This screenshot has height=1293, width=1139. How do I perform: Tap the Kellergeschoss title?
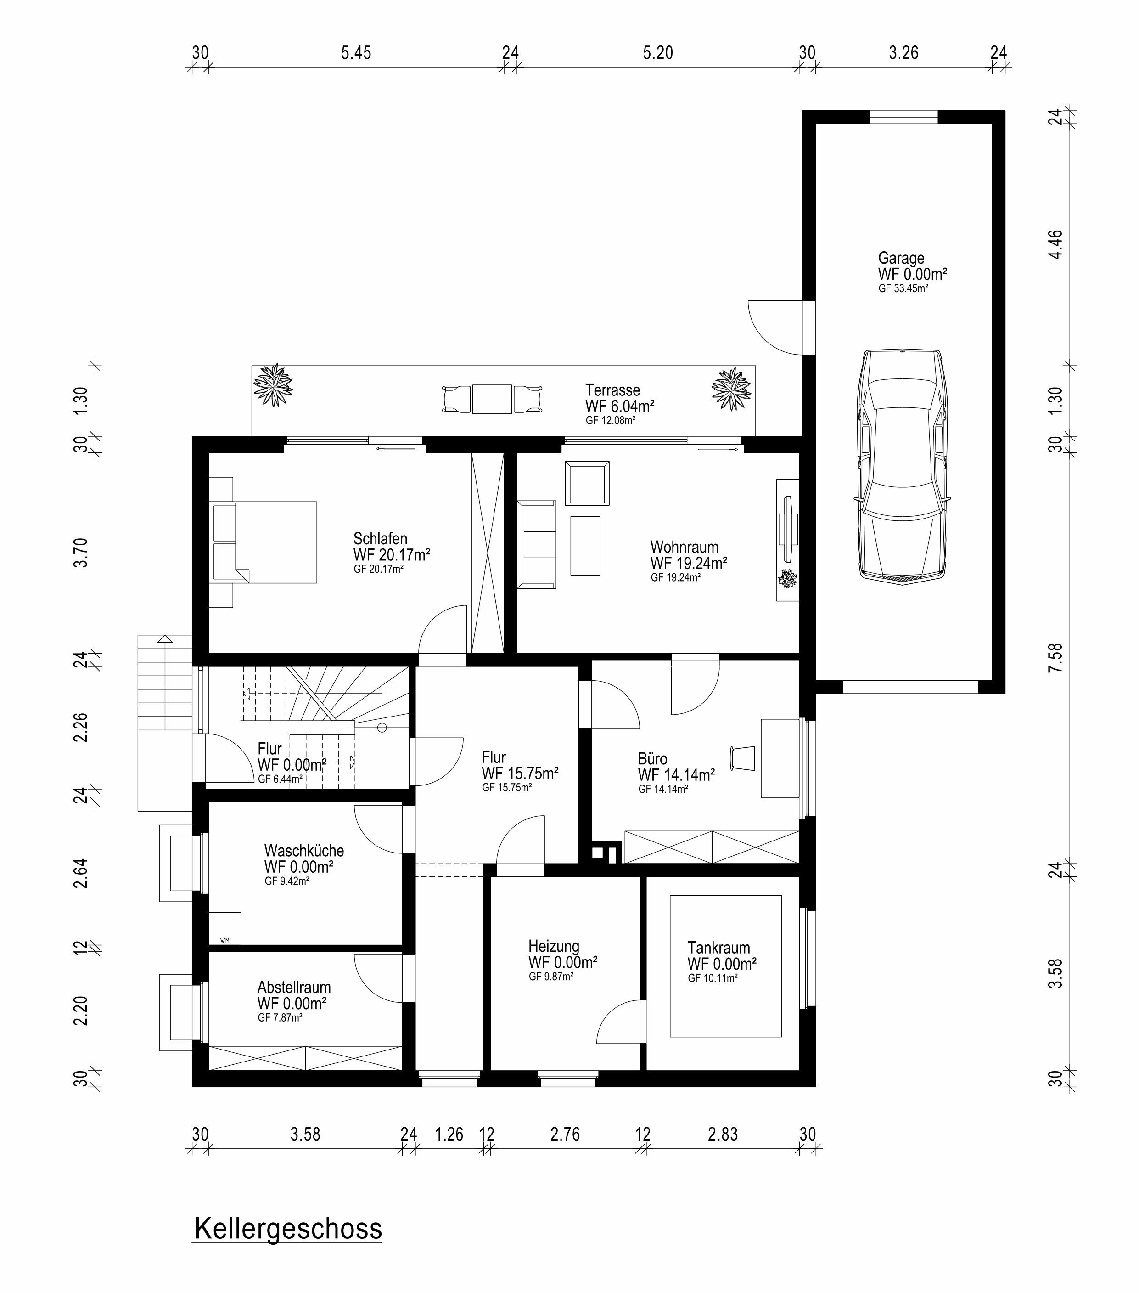coord(288,1228)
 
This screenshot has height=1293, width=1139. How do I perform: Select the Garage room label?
coord(901,258)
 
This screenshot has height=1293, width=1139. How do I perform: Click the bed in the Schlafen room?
coord(265,542)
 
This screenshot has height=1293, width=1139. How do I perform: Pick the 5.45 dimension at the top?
coord(356,53)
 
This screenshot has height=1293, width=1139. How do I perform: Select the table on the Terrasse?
coord(492,399)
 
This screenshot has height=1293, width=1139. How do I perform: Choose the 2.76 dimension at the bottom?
coord(565,1134)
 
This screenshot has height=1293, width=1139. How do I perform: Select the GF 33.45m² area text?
coord(903,288)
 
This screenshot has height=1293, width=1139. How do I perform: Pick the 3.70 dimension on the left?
coord(81,552)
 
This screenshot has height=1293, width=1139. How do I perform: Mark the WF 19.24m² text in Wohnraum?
coord(688,563)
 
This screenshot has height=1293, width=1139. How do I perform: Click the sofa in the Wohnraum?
coord(537,545)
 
